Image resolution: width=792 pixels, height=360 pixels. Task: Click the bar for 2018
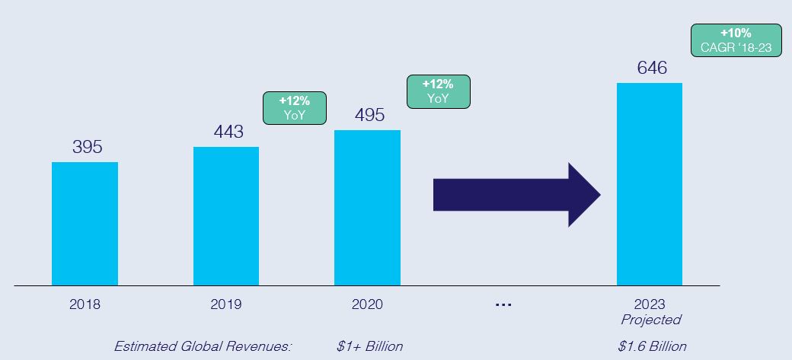(85, 224)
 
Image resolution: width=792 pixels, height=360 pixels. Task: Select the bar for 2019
(226, 216)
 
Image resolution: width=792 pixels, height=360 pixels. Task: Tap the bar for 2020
(367, 208)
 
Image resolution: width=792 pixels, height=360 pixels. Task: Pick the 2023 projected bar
(650, 184)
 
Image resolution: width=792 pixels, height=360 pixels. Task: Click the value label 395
(87, 147)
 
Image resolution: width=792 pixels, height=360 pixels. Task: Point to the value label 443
(228, 132)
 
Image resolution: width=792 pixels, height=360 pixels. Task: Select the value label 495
(369, 115)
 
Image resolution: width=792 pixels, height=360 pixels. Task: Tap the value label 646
(652, 68)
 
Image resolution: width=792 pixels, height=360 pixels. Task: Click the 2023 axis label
(650, 304)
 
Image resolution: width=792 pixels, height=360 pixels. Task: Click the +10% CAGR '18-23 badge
(736, 41)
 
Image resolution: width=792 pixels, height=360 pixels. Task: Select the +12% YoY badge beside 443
(294, 108)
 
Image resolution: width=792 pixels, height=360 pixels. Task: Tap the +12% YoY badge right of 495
(439, 91)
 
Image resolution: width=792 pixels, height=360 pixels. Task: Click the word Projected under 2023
(650, 320)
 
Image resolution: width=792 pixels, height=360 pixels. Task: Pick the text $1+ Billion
(369, 346)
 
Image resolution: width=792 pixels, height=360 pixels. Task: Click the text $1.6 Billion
(652, 346)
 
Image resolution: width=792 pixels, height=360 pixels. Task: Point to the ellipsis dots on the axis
(503, 304)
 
